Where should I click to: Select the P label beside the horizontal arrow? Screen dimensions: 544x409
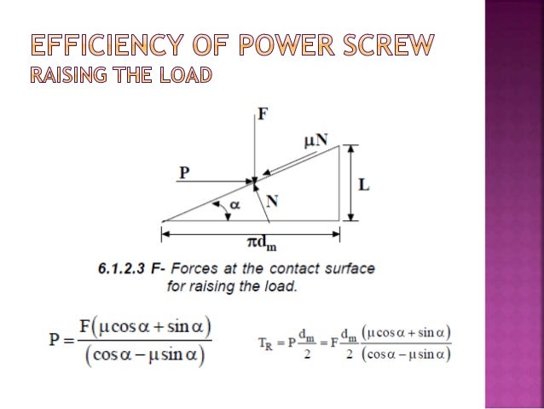tap(183, 172)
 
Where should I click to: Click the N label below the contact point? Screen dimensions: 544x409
tap(271, 202)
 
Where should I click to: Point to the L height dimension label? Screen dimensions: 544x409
tap(363, 184)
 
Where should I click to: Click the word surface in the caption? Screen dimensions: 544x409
tap(350, 270)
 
